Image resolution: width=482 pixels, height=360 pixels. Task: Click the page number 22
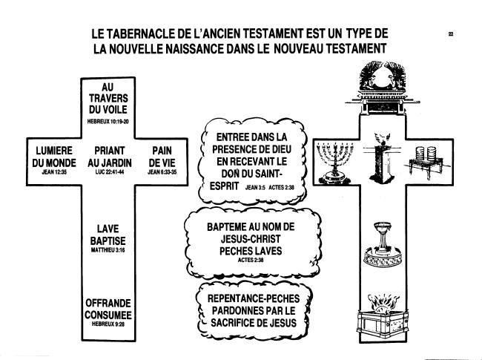click(451, 34)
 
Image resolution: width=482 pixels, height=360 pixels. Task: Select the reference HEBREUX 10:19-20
click(108, 122)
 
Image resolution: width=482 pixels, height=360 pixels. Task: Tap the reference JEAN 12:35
click(54, 172)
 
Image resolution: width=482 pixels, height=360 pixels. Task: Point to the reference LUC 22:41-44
click(110, 172)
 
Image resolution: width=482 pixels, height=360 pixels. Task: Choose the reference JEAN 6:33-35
click(162, 172)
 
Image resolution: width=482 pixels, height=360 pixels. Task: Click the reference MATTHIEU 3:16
click(108, 250)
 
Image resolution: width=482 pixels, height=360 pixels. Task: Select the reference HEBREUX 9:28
click(108, 324)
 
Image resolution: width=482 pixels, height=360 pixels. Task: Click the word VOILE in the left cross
click(116, 110)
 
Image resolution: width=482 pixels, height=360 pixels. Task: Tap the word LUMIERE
click(54, 151)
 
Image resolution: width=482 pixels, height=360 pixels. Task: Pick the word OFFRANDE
click(108, 303)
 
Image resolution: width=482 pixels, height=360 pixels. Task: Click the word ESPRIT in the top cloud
click(225, 186)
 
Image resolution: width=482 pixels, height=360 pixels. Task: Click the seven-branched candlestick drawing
click(334, 162)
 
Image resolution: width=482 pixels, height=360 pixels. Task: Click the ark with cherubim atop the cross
click(383, 88)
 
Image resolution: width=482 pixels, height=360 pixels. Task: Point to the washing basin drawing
click(383, 244)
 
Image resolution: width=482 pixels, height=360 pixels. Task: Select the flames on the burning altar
click(382, 302)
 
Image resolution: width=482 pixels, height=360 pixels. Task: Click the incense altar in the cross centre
click(382, 158)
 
